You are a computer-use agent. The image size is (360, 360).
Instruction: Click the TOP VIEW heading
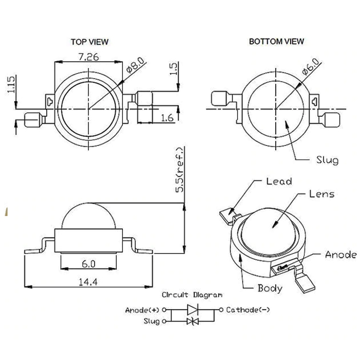tap(89, 42)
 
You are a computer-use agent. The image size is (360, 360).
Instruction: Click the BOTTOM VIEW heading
tap(277, 41)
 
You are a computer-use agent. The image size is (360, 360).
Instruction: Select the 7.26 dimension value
tap(88, 57)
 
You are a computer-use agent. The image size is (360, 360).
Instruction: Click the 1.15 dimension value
tap(11, 84)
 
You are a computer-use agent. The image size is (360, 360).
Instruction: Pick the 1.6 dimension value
tap(167, 118)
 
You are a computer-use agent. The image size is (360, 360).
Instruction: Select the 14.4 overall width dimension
tap(88, 282)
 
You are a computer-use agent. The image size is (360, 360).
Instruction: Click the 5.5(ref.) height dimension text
tap(180, 170)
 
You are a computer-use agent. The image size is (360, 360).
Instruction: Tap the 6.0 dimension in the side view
tap(88, 264)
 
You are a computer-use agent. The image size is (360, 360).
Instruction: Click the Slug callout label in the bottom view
tap(328, 160)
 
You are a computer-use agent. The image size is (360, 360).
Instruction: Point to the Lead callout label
tap(279, 182)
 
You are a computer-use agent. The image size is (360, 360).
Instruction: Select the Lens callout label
tap(321, 194)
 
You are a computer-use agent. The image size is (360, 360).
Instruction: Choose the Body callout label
tap(270, 289)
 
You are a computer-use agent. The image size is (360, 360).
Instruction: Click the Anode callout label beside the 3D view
tap(341, 255)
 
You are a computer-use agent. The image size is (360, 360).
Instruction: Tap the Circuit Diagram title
tap(192, 295)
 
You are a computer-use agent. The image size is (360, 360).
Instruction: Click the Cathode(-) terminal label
tap(248, 310)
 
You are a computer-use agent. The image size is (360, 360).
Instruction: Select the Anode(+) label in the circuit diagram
tap(142, 310)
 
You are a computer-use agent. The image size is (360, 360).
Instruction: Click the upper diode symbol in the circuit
tap(192, 310)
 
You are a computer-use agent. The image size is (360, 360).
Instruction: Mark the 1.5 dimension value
tap(174, 68)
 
